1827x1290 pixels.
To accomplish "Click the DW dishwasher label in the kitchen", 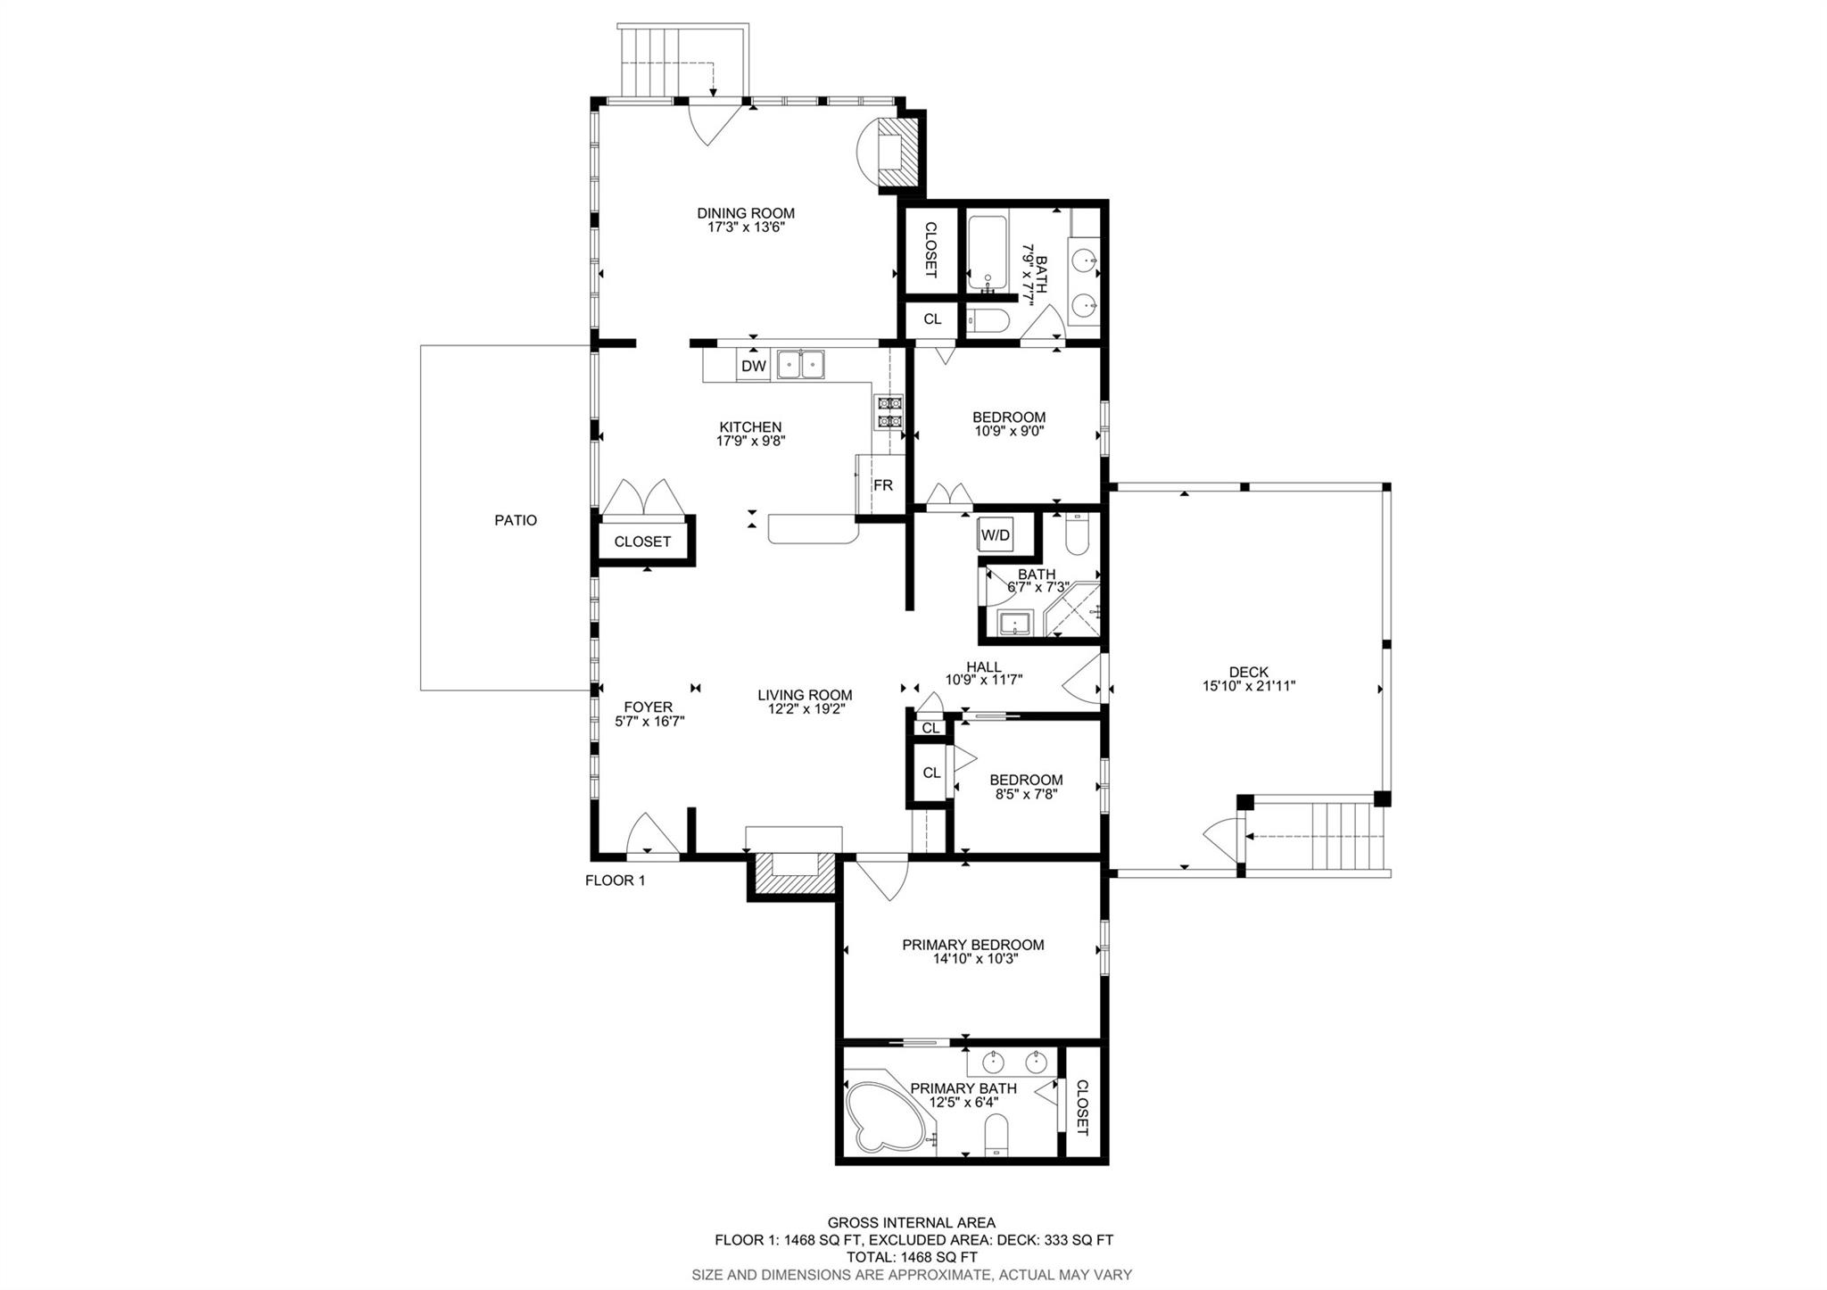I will click(754, 366).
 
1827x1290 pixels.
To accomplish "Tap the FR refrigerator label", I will click(882, 485).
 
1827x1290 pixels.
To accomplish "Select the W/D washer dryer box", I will click(996, 535).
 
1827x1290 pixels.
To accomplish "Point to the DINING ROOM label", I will click(746, 213).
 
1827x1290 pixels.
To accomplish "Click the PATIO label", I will click(516, 520).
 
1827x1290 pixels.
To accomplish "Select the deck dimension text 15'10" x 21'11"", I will click(1248, 686).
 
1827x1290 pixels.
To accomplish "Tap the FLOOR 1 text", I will click(615, 881).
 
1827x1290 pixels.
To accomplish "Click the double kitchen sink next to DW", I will click(800, 365).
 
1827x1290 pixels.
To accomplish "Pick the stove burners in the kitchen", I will click(889, 412).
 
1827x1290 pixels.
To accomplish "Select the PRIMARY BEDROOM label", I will click(972, 945).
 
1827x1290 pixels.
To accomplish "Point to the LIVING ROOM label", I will click(805, 695).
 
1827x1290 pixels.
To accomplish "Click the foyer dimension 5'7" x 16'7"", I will click(649, 722).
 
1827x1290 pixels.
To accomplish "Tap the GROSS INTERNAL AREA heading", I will click(911, 1223).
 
